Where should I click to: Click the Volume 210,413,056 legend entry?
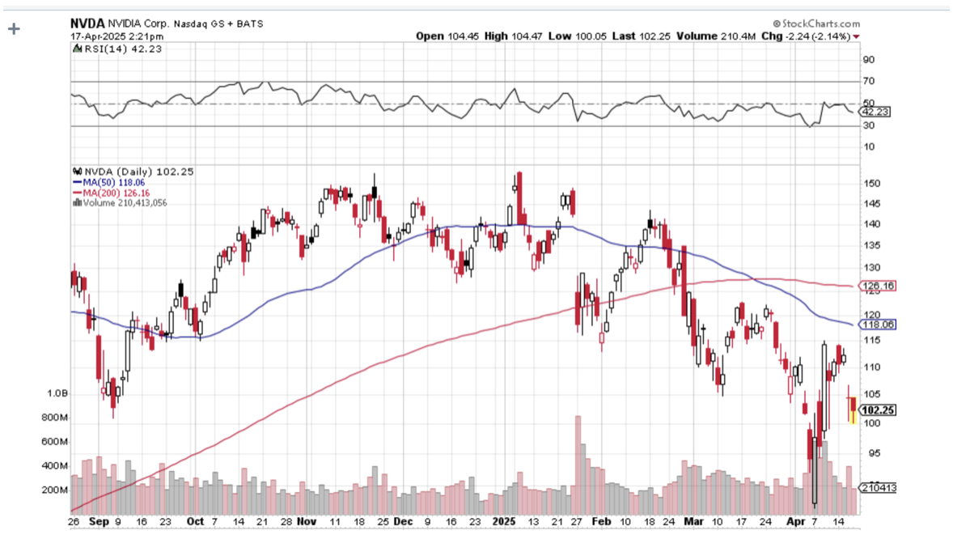tap(124, 202)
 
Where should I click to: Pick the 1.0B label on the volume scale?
tap(57, 393)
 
